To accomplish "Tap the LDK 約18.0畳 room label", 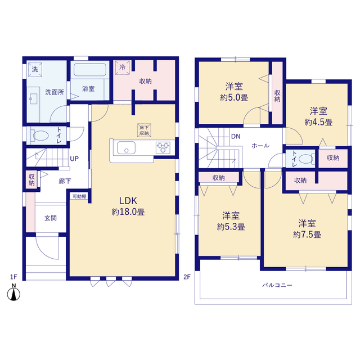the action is coord(128,206).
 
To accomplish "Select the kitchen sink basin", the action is coord(126,147).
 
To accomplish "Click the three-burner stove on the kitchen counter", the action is coord(163,147).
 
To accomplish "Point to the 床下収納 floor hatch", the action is coord(144,130).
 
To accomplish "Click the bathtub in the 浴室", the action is coord(90,70).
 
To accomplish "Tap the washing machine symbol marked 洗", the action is coord(35,69).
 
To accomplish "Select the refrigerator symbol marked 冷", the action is coord(123,67).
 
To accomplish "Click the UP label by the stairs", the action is coord(74,159).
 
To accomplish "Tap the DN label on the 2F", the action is coord(236,136).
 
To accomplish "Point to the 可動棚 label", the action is coord(79,196).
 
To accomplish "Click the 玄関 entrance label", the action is coord(51,218).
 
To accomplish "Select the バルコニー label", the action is coord(277,285).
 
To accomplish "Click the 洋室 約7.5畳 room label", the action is coord(307,229).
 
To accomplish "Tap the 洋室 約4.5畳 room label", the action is coord(318,116).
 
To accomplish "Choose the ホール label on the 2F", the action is coord(260,146).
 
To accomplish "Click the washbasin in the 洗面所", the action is coord(34,99).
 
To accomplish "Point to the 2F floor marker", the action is coord(187,277).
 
